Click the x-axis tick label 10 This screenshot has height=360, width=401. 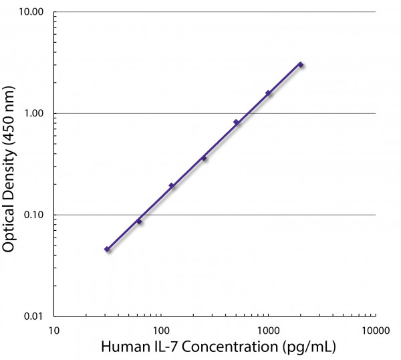coord(54,330)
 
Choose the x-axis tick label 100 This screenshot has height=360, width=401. coord(160,330)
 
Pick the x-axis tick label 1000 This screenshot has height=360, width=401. coord(268,330)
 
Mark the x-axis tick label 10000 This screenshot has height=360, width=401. coord(375,330)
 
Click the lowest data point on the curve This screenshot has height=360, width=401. coord(107,249)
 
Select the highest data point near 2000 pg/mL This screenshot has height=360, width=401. coord(301,65)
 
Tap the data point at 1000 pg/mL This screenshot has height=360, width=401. coord(268,93)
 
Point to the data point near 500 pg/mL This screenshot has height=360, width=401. coord(236,122)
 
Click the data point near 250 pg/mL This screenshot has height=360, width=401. coord(204,158)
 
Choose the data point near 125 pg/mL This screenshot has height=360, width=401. coord(172,185)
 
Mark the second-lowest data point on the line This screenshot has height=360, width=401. coord(139,221)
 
